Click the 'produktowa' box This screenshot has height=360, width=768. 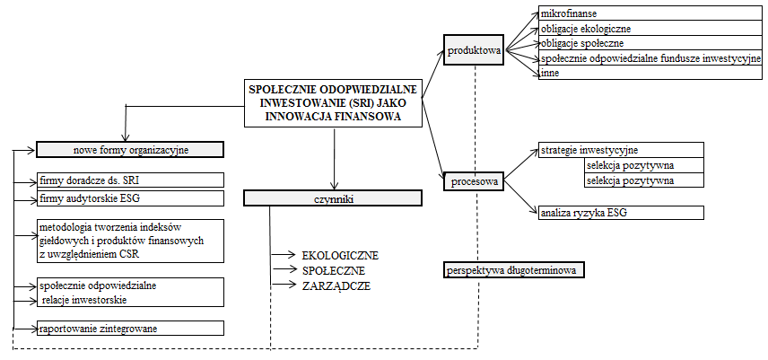coord(475,50)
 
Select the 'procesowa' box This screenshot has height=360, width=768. coord(475,181)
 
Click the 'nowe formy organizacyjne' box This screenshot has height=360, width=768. coord(130,149)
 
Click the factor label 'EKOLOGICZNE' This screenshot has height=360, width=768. coord(340,255)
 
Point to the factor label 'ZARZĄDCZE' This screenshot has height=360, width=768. coord(336,285)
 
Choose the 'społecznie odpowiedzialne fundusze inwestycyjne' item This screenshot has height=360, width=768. coord(650,57)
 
